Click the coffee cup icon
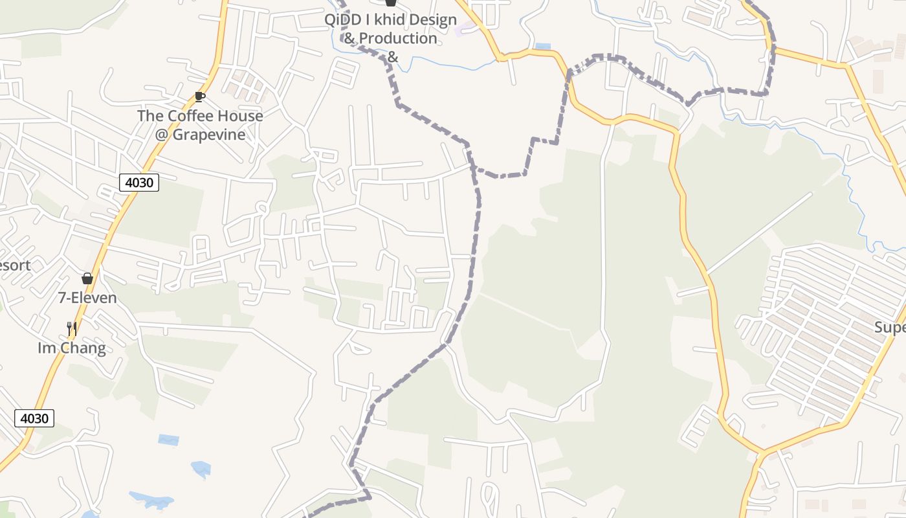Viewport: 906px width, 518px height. [x=200, y=97]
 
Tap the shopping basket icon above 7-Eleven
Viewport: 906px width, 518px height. [x=87, y=278]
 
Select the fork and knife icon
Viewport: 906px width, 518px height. [x=72, y=329]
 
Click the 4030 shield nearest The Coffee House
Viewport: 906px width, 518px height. [x=139, y=183]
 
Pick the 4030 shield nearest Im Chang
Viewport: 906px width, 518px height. [x=34, y=418]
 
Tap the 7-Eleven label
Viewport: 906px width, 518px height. [x=87, y=298]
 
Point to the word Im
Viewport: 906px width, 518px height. [x=45, y=348]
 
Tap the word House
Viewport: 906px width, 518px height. [x=241, y=116]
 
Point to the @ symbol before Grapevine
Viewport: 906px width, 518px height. [x=162, y=135]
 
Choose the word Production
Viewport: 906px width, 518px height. [x=398, y=38]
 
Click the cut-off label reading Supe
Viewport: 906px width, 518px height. [x=890, y=328]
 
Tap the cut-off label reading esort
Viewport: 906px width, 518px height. [x=14, y=265]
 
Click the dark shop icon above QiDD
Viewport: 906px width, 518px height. [x=390, y=3]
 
